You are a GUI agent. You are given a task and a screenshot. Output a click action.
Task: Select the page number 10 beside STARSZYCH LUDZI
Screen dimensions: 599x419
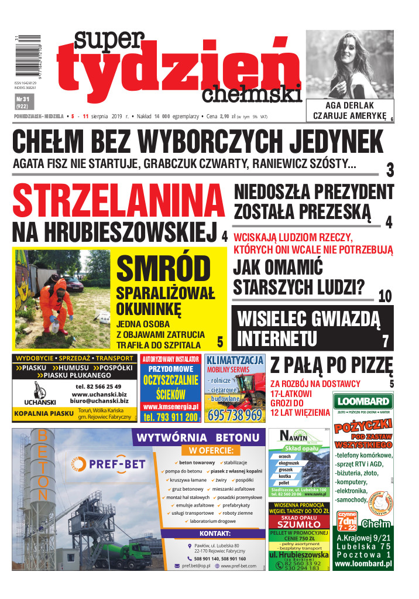(384, 296)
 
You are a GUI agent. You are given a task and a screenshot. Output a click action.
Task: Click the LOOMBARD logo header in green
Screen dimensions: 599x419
(363, 401)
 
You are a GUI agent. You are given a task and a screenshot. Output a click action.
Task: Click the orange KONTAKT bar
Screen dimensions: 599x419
(214, 533)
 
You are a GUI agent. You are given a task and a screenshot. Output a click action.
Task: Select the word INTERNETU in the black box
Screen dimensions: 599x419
(277, 338)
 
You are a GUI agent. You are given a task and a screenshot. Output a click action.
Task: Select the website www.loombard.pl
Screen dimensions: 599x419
(363, 564)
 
